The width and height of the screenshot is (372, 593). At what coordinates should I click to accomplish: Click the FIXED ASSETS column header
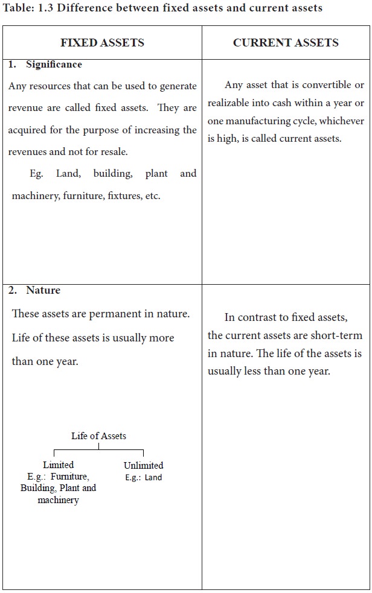102,42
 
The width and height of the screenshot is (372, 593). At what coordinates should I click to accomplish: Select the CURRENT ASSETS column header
286,42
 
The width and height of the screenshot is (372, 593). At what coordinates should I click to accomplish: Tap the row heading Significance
54,65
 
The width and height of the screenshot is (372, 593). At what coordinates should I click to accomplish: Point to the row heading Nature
43,290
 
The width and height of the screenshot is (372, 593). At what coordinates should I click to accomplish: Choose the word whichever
341,121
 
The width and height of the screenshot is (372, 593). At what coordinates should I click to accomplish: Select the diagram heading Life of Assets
98,436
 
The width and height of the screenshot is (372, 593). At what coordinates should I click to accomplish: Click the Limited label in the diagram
59,465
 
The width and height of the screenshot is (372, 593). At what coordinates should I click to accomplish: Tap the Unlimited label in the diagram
143,465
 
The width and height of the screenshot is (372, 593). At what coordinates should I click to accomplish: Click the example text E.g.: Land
143,477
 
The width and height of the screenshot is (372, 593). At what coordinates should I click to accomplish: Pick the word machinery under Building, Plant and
58,500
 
